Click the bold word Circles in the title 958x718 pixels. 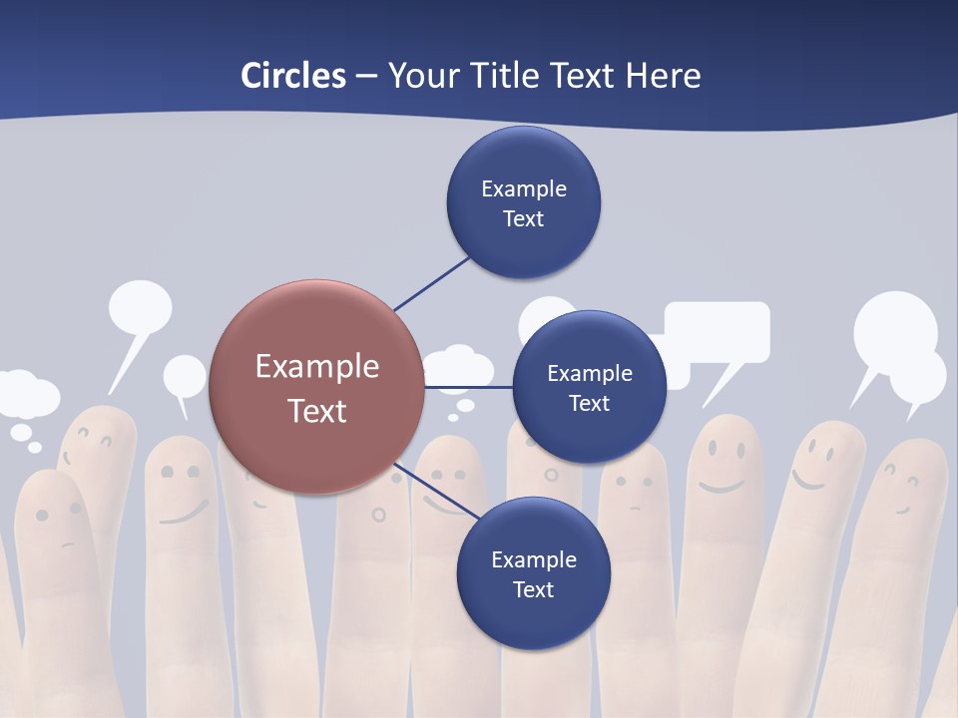pos(292,75)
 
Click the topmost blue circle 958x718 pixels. pos(523,202)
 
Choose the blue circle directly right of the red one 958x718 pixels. pos(589,387)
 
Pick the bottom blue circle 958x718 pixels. pos(533,573)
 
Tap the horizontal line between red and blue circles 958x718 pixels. pos(469,386)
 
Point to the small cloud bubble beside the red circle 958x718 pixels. pos(458,366)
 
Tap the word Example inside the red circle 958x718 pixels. pos(317,367)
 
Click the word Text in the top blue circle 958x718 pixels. pos(523,218)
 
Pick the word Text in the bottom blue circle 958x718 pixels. pos(533,589)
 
